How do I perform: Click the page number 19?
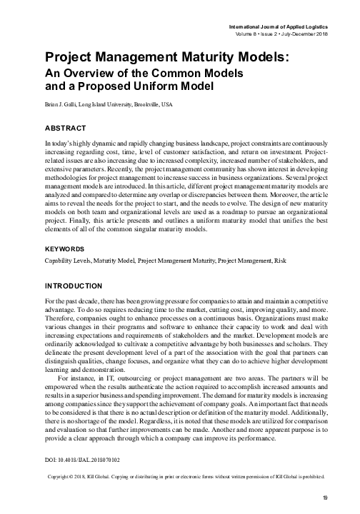pos(324,498)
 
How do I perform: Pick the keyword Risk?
pos(273,242)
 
